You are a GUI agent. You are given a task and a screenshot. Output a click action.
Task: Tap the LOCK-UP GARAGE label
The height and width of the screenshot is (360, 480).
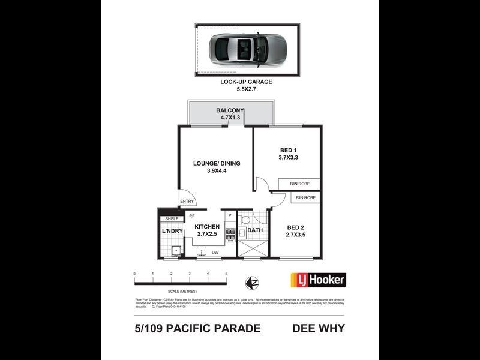tap(246, 82)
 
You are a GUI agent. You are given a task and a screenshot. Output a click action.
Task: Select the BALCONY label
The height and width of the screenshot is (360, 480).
tap(230, 110)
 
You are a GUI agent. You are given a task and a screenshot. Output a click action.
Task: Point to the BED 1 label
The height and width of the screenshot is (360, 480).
tap(288, 150)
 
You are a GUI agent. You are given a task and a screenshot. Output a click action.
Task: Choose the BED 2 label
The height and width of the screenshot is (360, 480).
tap(295, 226)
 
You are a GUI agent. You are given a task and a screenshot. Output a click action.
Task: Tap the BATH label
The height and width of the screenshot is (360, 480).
tap(255, 230)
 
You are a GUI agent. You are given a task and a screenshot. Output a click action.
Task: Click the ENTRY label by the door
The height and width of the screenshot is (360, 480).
tap(187, 202)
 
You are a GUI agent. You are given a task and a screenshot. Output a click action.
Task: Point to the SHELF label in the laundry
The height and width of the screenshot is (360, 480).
tap(172, 219)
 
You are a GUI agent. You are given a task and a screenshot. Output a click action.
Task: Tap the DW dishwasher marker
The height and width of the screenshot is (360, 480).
tap(214, 253)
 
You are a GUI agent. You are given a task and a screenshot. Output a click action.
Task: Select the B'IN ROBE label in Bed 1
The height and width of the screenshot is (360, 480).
tap(298, 184)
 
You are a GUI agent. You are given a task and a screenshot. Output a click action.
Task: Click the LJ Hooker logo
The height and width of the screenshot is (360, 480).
tap(318, 280)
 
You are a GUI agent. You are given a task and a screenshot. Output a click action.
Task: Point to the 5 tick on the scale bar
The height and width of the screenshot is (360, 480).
tap(226, 274)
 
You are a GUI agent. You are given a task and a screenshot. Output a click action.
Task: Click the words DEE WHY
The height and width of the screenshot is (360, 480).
tap(318, 328)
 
